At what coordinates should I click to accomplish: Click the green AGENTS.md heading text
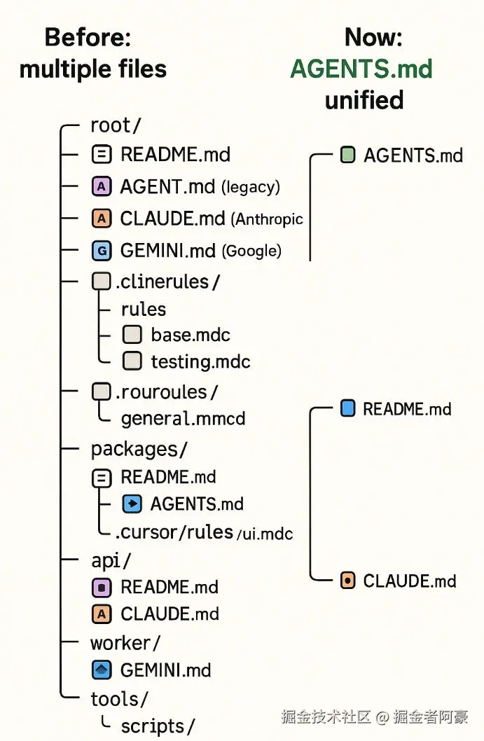click(361, 69)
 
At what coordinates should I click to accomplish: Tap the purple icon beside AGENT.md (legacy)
click(102, 187)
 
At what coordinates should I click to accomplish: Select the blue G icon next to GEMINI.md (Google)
click(102, 250)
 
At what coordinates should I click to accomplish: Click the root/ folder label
click(116, 125)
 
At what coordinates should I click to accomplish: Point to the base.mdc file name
click(191, 335)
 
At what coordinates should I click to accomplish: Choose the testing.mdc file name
click(200, 361)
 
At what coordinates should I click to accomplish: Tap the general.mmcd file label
click(183, 419)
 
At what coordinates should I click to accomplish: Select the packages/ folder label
click(139, 449)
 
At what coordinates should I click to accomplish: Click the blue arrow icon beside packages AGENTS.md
click(132, 504)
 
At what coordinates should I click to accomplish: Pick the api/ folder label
click(111, 560)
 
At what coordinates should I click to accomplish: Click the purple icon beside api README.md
click(102, 587)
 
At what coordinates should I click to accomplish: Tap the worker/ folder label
click(125, 642)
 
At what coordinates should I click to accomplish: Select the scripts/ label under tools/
click(158, 726)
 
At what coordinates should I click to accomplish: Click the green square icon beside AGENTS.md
click(347, 155)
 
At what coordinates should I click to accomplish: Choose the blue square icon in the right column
click(347, 408)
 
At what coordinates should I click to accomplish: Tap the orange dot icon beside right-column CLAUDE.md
click(347, 581)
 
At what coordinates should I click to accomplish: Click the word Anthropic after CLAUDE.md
click(269, 219)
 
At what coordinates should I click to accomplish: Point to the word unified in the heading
click(364, 100)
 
